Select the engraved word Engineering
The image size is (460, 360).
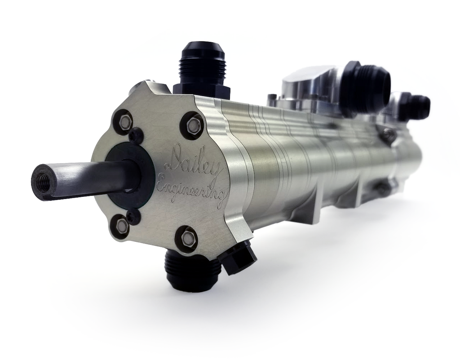click(x=190, y=189)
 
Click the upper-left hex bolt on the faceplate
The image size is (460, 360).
click(x=125, y=121)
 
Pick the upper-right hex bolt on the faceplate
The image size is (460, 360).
click(x=194, y=125)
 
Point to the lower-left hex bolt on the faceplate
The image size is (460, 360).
click(x=120, y=226)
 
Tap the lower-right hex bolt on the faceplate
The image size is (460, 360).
click(x=188, y=239)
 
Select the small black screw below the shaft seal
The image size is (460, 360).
click(x=133, y=217)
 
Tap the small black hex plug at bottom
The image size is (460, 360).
click(x=238, y=259)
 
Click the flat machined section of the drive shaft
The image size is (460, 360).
click(x=90, y=178)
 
